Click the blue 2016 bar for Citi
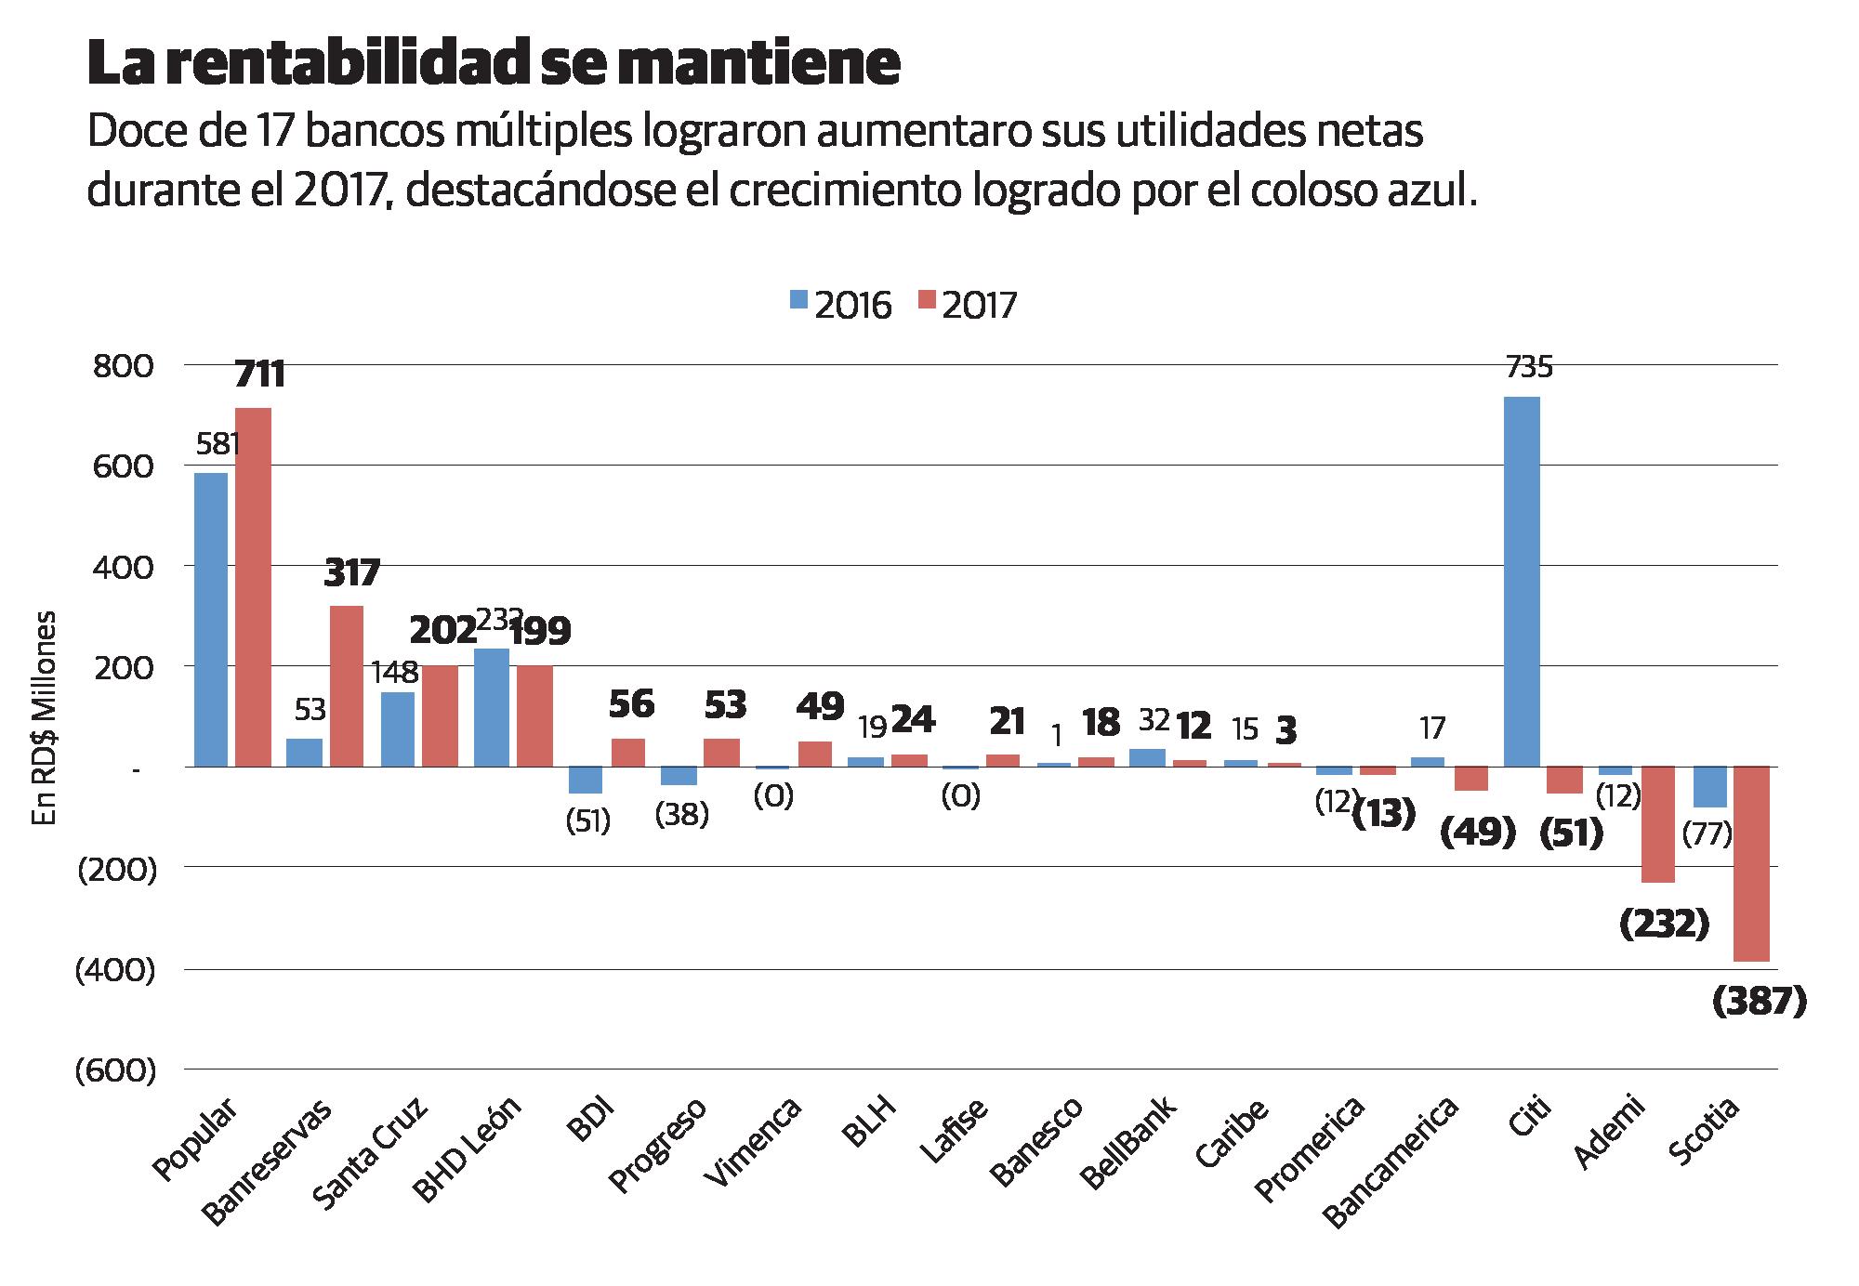click(x=1522, y=582)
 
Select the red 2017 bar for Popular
click(x=253, y=587)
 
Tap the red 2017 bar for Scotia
click(x=1751, y=863)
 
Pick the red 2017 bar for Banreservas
click(x=345, y=686)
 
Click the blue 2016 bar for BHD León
click(x=492, y=707)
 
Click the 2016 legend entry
click(x=840, y=305)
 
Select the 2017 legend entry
click(x=968, y=305)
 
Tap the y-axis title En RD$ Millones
click(x=45, y=716)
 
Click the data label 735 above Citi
click(x=1528, y=369)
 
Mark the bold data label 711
click(x=259, y=374)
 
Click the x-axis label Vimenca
click(x=752, y=1144)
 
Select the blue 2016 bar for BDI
click(x=586, y=780)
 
